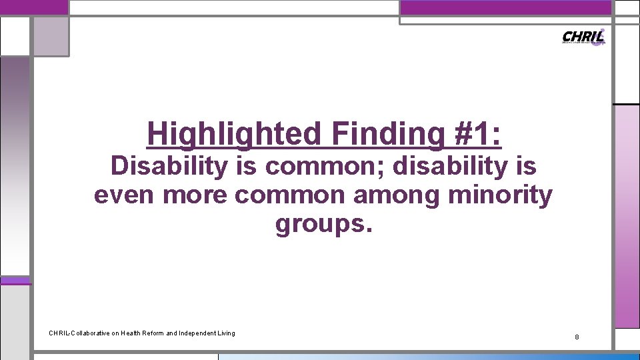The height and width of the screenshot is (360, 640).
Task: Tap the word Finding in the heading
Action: (385, 133)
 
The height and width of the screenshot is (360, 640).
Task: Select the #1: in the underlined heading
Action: (478, 133)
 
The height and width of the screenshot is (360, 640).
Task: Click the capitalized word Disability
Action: (169, 166)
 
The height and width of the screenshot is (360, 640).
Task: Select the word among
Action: (404, 195)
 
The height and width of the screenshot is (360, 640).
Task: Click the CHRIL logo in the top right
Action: (583, 37)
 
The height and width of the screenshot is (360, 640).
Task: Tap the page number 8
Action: (577, 337)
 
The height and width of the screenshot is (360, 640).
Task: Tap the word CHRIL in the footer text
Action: (59, 333)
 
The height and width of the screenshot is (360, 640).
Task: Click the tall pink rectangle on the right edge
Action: (626, 217)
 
